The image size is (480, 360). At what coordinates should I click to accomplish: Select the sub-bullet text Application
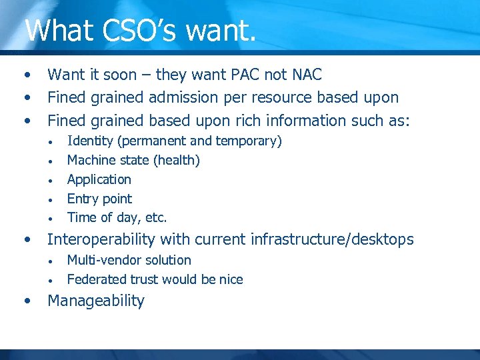click(x=99, y=179)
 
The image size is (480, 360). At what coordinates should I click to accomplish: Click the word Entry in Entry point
click(x=83, y=199)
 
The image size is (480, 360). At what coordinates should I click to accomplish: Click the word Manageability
click(x=96, y=301)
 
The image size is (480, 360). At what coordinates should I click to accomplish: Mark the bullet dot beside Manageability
click(x=27, y=301)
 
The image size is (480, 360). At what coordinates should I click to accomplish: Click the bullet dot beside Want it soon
click(x=27, y=74)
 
